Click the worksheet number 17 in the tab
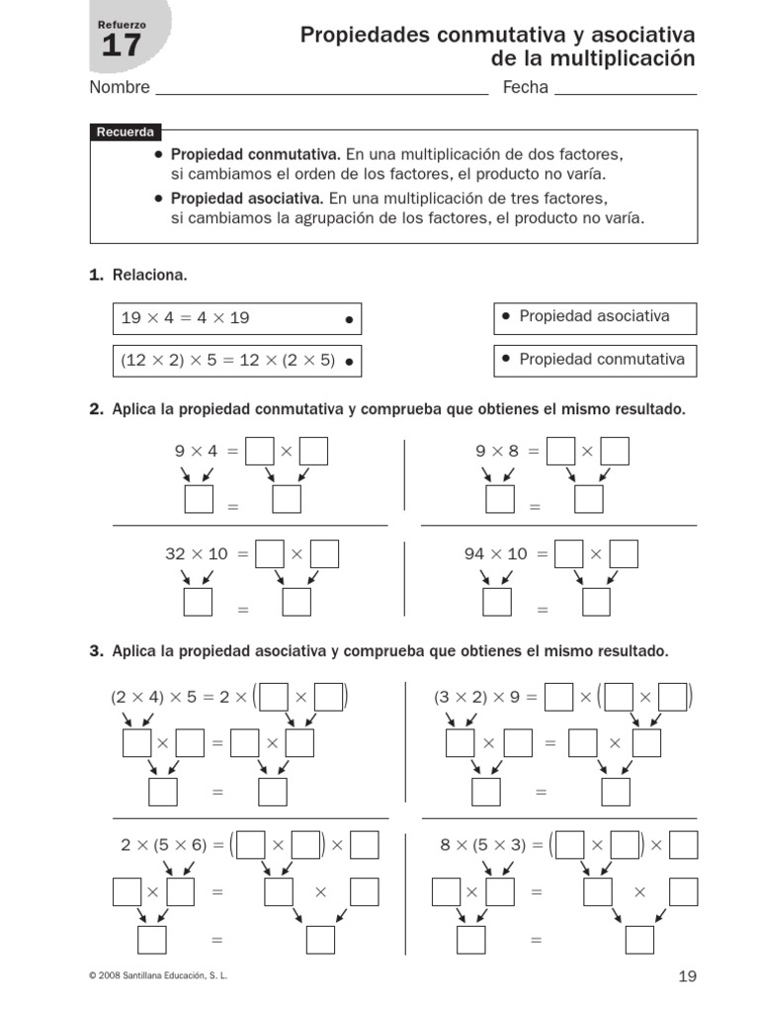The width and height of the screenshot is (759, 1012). click(122, 45)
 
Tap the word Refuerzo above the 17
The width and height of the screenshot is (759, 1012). click(122, 24)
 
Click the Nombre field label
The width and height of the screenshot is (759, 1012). click(120, 88)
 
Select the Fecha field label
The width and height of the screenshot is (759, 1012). click(525, 88)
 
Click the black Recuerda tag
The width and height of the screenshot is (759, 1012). click(125, 132)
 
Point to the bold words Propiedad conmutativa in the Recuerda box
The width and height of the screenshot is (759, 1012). click(255, 155)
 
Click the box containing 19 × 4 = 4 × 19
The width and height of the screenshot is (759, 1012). click(236, 318)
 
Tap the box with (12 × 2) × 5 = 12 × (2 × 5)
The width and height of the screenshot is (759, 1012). click(236, 361)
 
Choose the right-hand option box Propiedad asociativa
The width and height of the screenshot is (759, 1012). click(594, 317)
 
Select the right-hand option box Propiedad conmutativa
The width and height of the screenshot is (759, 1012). click(594, 360)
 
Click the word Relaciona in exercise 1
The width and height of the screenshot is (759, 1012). click(149, 275)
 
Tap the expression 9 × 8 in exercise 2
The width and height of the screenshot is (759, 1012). click(497, 451)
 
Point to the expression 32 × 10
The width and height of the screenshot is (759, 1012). click(196, 554)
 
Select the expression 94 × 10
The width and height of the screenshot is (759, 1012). click(496, 554)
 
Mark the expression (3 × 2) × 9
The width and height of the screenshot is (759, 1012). click(474, 697)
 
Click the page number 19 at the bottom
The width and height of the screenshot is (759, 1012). click(688, 976)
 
